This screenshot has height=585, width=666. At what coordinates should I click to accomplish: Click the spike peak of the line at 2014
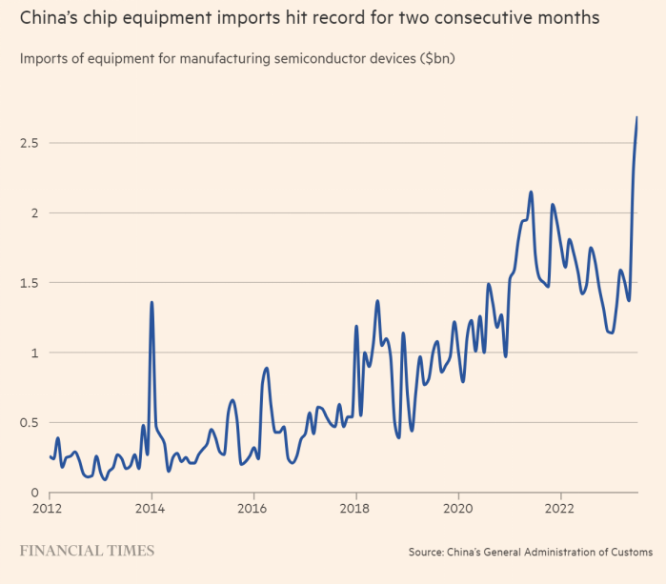pyautogui.click(x=151, y=302)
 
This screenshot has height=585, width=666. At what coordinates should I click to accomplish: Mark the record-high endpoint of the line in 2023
pyautogui.click(x=636, y=117)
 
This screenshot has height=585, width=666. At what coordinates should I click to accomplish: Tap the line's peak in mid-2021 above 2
pyautogui.click(x=531, y=192)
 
